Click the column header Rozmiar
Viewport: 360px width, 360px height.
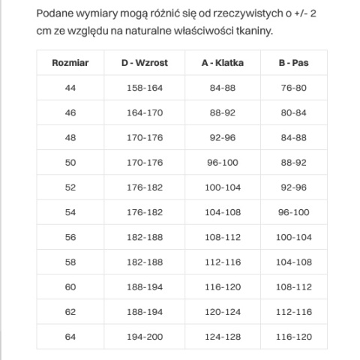tap(70, 63)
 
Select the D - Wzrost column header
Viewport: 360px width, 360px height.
tap(144, 63)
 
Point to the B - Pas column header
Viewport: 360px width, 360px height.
tap(293, 63)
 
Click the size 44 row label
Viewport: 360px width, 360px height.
tap(70, 88)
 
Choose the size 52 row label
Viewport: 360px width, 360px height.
tap(70, 187)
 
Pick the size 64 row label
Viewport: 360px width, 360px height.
tap(70, 336)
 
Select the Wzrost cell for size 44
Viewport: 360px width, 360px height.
tap(144, 88)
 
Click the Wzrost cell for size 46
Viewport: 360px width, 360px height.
tap(144, 112)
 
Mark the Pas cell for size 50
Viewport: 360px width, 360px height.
tap(293, 162)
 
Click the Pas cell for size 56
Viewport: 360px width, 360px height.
tap(293, 237)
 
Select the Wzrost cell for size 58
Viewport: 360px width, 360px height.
tap(144, 262)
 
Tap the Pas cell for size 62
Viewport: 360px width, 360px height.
tap(293, 311)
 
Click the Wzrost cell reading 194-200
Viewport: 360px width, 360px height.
tap(144, 336)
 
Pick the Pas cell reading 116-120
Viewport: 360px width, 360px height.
tap(293, 336)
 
